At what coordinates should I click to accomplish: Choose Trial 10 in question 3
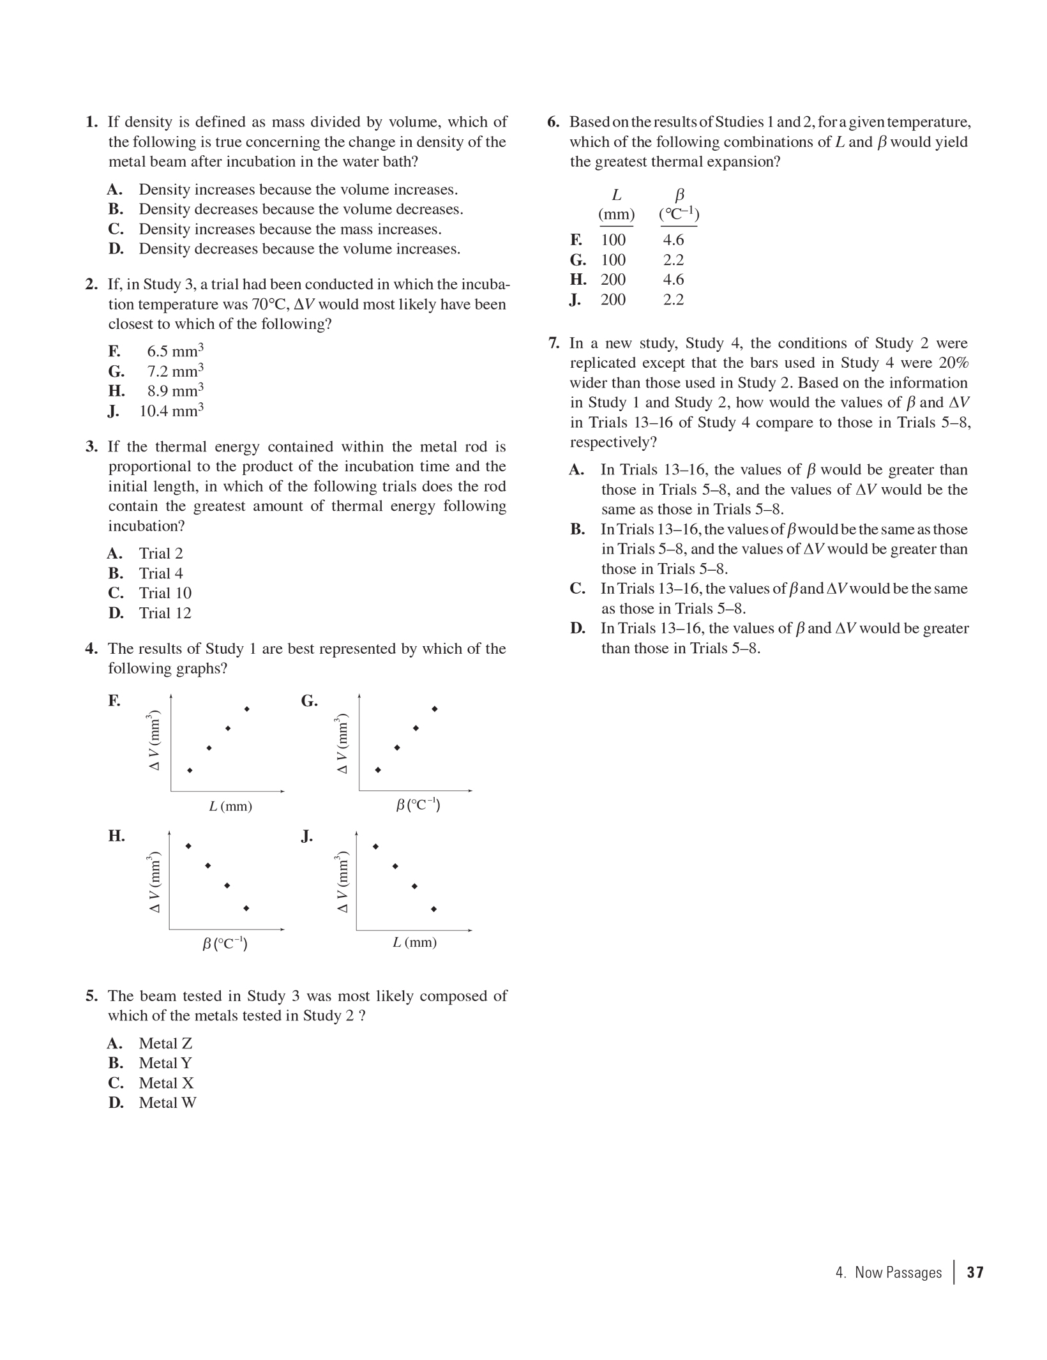click(165, 593)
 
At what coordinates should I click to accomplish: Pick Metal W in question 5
click(167, 1103)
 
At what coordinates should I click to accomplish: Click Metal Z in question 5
click(165, 1043)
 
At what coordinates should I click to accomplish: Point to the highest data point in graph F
click(247, 709)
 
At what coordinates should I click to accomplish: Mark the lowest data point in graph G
click(378, 770)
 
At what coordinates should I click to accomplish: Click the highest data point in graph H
click(188, 846)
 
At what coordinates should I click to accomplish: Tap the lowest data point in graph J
click(434, 909)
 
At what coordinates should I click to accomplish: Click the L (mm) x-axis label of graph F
click(230, 806)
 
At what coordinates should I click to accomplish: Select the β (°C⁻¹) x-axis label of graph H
click(225, 943)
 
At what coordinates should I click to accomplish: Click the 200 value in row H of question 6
click(613, 280)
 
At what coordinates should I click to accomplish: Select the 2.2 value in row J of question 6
click(674, 299)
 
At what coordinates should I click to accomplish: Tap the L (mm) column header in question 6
click(616, 204)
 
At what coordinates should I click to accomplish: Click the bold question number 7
click(554, 344)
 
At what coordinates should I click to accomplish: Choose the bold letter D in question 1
click(116, 249)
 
